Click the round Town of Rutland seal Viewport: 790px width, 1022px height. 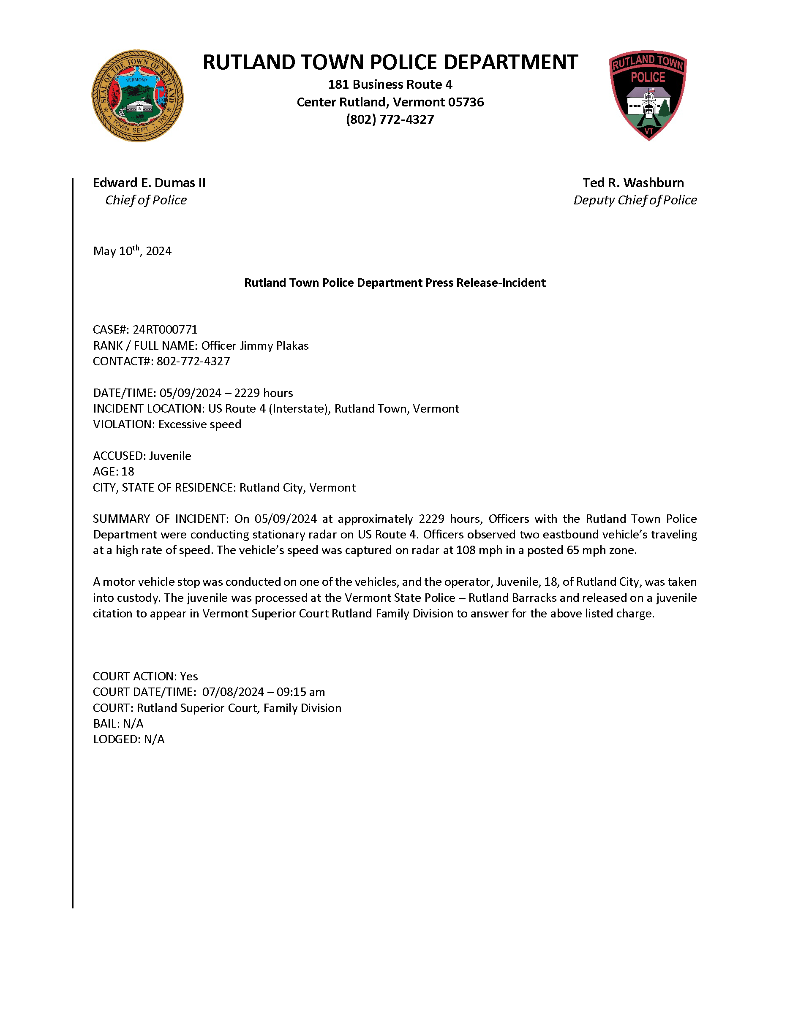coord(137,96)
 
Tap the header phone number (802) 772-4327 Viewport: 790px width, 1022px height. coord(390,120)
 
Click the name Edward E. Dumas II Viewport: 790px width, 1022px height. coord(149,183)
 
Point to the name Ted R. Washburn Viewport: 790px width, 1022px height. coord(633,183)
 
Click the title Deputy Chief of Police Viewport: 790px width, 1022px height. coord(635,200)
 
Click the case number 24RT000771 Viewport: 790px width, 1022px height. coord(165,330)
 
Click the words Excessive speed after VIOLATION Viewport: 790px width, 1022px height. coord(200,424)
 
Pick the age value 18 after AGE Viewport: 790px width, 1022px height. coord(128,472)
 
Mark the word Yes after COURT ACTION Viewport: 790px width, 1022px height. coord(188,677)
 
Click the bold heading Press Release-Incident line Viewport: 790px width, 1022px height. coord(395,283)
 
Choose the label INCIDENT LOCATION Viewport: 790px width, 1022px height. coord(148,409)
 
